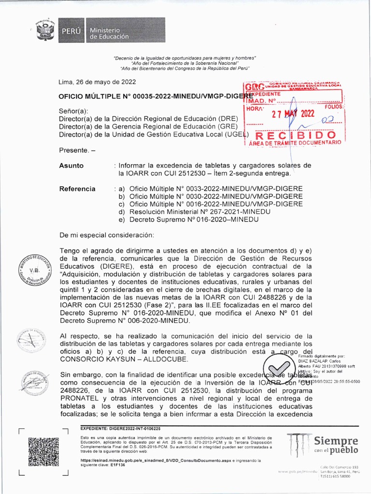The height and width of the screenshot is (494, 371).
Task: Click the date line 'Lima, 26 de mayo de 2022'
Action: pyautogui.click(x=97, y=82)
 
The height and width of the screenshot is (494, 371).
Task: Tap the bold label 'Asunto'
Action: pyautogui.click(x=71, y=165)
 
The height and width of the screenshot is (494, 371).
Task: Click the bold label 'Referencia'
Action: pyautogui.click(x=77, y=189)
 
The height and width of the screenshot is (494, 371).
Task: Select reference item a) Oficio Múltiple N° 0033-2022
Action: pyautogui.click(x=211, y=189)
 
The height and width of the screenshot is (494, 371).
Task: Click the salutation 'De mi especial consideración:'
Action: pyautogui.click(x=106, y=235)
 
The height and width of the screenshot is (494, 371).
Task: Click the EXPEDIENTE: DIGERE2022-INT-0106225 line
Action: pyautogui.click(x=120, y=428)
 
